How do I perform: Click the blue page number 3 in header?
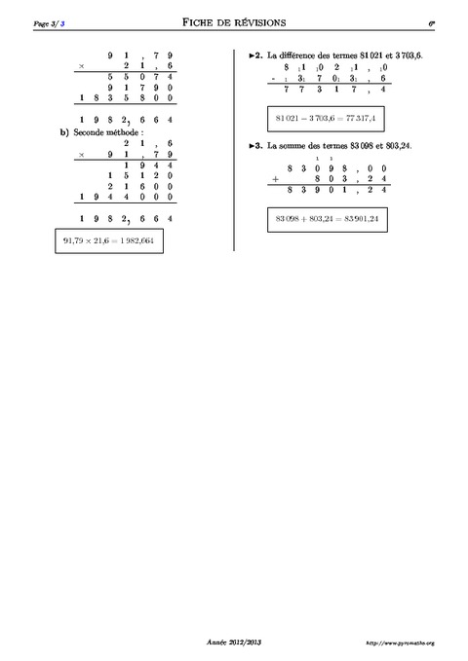[63, 21]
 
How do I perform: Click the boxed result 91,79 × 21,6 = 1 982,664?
[107, 241]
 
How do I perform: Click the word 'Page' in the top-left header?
[41, 21]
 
